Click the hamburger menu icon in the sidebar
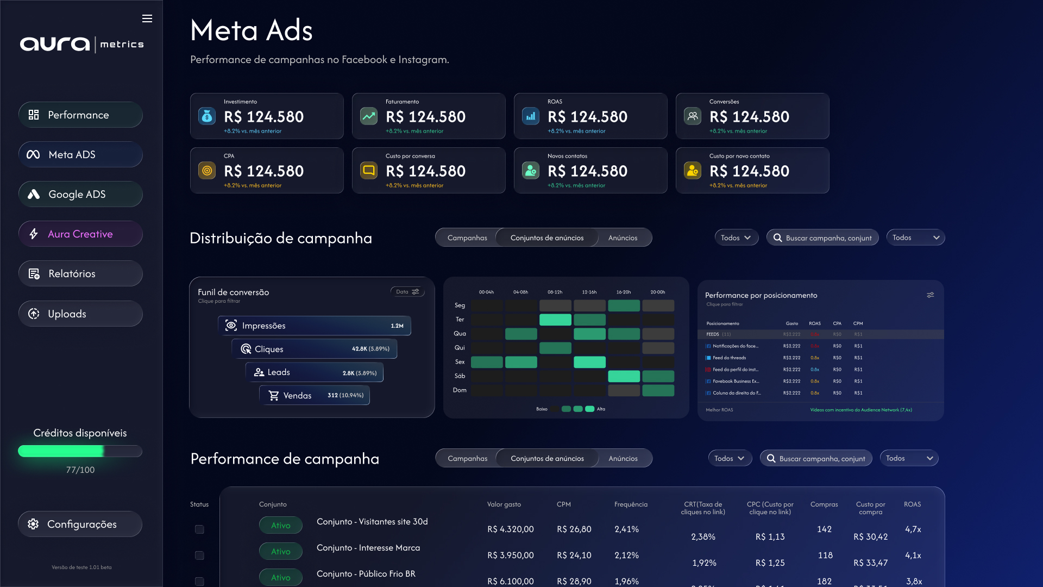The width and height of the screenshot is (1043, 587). pyautogui.click(x=147, y=18)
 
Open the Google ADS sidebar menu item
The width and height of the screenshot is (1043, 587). pyautogui.click(x=80, y=194)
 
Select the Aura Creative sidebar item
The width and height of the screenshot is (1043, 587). pyautogui.click(x=80, y=234)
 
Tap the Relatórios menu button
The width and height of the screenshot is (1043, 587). pyautogui.click(x=80, y=273)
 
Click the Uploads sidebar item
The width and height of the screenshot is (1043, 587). pyautogui.click(x=80, y=314)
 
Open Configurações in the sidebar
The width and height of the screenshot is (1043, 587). pyautogui.click(x=80, y=524)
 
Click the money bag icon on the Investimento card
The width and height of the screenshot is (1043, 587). pyautogui.click(x=207, y=116)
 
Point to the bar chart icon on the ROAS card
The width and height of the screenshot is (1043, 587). pyautogui.click(x=531, y=116)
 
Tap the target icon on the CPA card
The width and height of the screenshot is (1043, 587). pyautogui.click(x=207, y=170)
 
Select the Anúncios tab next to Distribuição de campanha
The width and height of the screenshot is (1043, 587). pyautogui.click(x=623, y=238)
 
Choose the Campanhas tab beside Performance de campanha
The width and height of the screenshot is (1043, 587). pyautogui.click(x=467, y=458)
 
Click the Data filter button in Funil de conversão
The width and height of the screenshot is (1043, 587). pyautogui.click(x=407, y=292)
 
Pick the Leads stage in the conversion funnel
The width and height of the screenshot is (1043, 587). pyautogui.click(x=314, y=372)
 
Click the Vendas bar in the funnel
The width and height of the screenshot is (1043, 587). pyautogui.click(x=314, y=395)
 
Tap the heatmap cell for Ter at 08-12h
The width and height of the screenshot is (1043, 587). pyautogui.click(x=555, y=320)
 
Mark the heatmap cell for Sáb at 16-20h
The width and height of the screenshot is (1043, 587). pyautogui.click(x=624, y=376)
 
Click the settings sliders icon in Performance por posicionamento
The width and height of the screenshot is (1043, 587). pyautogui.click(x=931, y=295)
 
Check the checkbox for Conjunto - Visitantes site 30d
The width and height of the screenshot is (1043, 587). pyautogui.click(x=199, y=529)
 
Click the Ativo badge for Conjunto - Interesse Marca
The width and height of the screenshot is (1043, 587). pyautogui.click(x=280, y=551)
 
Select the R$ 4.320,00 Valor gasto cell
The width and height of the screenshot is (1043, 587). pyautogui.click(x=510, y=529)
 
